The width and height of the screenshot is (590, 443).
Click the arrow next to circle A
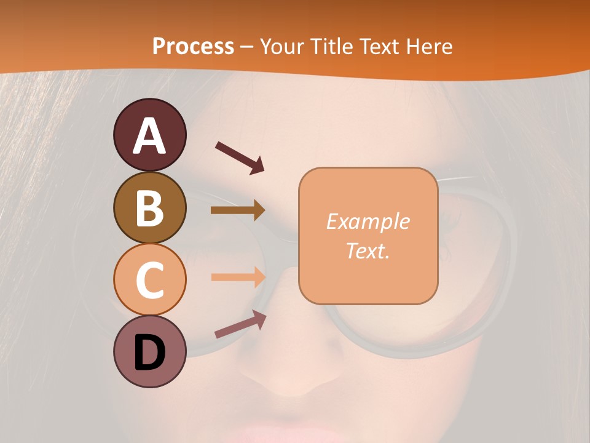(240, 157)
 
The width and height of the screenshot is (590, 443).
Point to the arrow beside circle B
(238, 210)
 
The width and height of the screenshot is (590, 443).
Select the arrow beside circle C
(238, 277)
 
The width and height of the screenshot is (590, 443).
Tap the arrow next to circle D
(240, 324)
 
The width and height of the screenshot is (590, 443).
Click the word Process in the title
(193, 46)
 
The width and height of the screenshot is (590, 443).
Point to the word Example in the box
(368, 221)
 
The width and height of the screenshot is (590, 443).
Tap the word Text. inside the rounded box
(368, 250)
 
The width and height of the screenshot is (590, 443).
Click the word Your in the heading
(280, 46)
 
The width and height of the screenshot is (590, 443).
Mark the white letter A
(149, 136)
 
